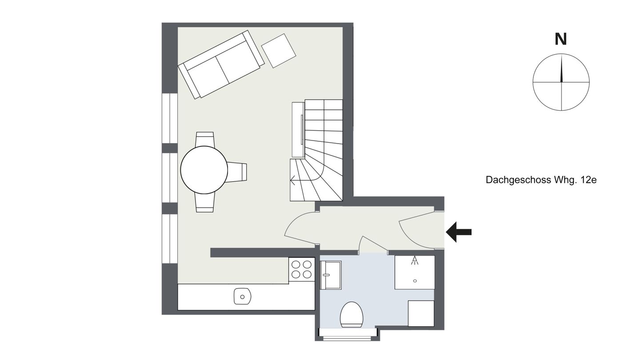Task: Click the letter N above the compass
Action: point(560,40)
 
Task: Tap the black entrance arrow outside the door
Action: point(459,232)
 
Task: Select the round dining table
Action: point(204,170)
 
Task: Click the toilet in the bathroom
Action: point(352,315)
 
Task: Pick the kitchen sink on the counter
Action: point(242,296)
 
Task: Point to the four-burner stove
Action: point(302,269)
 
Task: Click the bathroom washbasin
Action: point(331,275)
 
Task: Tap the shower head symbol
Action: point(415,260)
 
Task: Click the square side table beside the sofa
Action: point(279,51)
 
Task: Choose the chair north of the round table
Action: point(205,140)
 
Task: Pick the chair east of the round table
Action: point(237,172)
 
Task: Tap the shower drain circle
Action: point(415,281)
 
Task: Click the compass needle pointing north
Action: point(561,68)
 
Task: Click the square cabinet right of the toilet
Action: point(421,313)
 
